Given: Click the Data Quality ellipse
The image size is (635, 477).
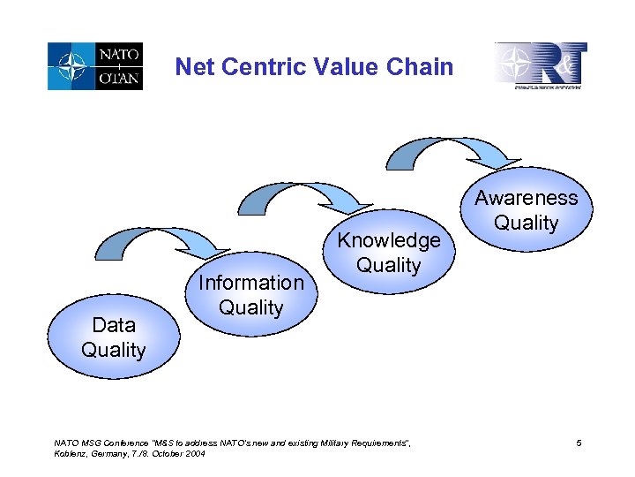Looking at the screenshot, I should tap(113, 338).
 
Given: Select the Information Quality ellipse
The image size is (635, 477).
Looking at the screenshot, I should tap(250, 295).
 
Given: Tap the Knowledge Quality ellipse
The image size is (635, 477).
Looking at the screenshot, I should tap(388, 253).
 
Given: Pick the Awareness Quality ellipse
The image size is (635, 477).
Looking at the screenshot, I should tap(526, 210).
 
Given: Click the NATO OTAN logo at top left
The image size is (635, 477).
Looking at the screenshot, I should tap(95, 66).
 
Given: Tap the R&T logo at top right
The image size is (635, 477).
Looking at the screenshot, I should tap(540, 66).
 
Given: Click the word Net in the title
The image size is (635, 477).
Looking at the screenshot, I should tap(194, 66).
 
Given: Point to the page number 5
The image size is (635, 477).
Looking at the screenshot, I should tap(579, 442).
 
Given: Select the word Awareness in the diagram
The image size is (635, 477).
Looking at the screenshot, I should tap(526, 198).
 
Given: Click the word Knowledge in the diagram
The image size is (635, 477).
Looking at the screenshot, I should tap(388, 240).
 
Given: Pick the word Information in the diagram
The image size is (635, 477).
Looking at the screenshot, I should tap(250, 283).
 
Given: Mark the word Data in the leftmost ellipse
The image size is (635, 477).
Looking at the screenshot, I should tap(113, 326).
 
